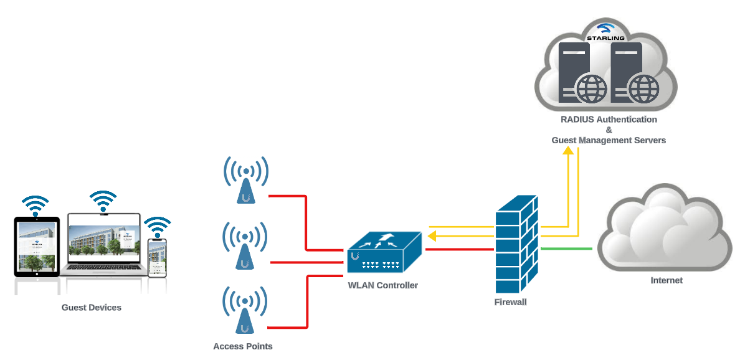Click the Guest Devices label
tap(91, 307)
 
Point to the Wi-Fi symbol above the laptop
tap(103, 201)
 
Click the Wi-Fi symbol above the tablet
tap(35, 205)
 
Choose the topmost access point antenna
tap(247, 181)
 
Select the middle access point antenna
tap(245, 247)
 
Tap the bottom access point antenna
tap(245, 310)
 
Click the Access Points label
tap(242, 346)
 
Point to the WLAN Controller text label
tap(382, 285)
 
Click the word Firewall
tap(510, 302)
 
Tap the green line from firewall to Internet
tap(566, 249)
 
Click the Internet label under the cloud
tap(666, 280)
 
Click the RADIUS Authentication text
tap(609, 119)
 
